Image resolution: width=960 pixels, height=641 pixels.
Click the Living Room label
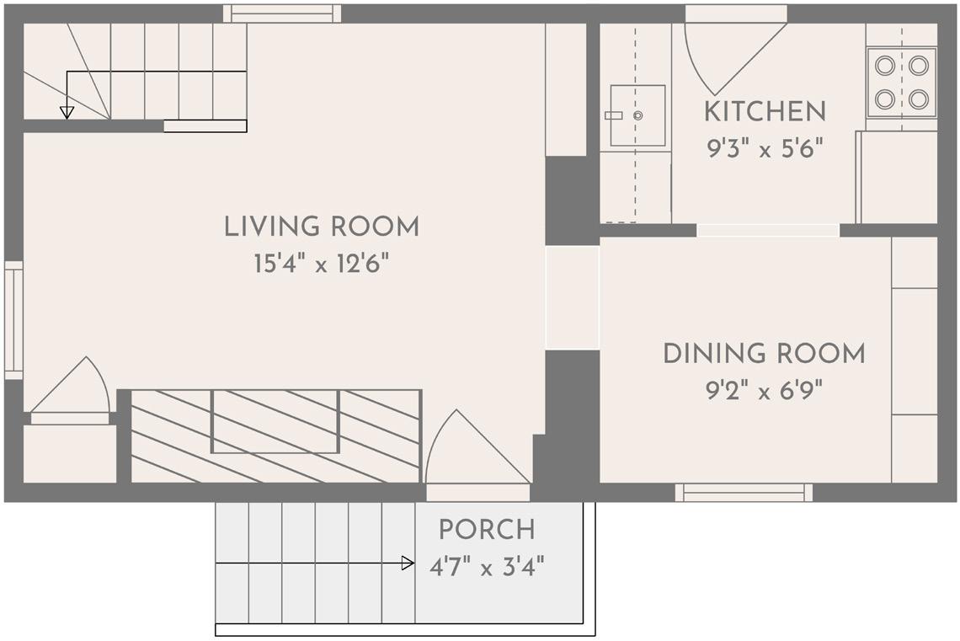[x=322, y=227]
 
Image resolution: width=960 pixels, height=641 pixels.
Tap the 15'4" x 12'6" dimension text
[x=322, y=264]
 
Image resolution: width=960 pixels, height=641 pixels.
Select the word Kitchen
[x=765, y=111]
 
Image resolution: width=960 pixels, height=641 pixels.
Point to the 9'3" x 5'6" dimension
[x=765, y=148]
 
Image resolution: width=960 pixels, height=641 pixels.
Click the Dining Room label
[x=764, y=353]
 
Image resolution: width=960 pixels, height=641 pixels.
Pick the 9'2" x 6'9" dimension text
[x=764, y=390]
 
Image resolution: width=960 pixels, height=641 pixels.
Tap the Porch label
[x=487, y=530]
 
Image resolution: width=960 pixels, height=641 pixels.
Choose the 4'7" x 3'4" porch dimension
[x=487, y=567]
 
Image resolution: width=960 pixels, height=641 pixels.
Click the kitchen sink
[x=637, y=115]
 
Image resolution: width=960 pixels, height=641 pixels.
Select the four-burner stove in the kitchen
[x=901, y=82]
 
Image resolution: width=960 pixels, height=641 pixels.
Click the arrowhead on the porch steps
[x=408, y=564]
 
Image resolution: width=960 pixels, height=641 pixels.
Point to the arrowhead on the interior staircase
[x=67, y=113]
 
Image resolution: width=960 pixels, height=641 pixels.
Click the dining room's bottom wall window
[x=744, y=492]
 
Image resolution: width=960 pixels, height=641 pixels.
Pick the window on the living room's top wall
[x=281, y=13]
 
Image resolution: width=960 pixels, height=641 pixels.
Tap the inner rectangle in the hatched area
[x=275, y=422]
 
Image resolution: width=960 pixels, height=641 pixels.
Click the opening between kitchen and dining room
[x=768, y=230]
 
